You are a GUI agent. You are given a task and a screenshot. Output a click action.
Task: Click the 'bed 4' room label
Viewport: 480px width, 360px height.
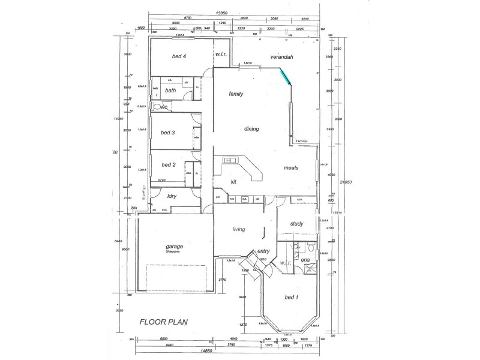coord(179,56)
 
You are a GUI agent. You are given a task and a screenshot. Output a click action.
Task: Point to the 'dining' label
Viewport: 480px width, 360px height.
coord(251,128)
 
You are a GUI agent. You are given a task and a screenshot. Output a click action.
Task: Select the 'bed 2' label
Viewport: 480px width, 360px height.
coord(165,164)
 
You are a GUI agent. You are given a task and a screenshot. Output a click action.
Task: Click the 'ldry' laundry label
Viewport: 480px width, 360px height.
coord(171,196)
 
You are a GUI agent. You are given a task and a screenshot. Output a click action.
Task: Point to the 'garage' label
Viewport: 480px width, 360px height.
coord(174,247)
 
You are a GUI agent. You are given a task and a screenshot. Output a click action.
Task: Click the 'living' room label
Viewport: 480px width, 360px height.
coord(241,228)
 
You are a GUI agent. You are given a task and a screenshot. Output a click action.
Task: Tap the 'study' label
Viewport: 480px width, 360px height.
coord(296,224)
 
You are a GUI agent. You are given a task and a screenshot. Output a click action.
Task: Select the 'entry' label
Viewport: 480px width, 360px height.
coord(263,251)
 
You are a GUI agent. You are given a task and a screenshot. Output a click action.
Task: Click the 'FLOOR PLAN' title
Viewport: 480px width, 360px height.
coord(164,322)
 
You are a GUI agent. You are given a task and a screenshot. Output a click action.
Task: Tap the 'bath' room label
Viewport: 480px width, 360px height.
coord(170,91)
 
